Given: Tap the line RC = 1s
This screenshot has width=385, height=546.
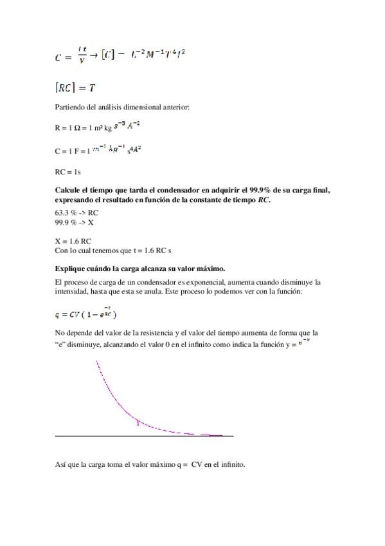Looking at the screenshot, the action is point(67,172).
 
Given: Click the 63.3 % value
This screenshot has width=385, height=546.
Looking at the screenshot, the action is point(65,212).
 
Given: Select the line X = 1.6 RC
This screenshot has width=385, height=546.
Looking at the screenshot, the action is point(73,241).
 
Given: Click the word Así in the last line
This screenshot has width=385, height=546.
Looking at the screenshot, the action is point(60,464).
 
